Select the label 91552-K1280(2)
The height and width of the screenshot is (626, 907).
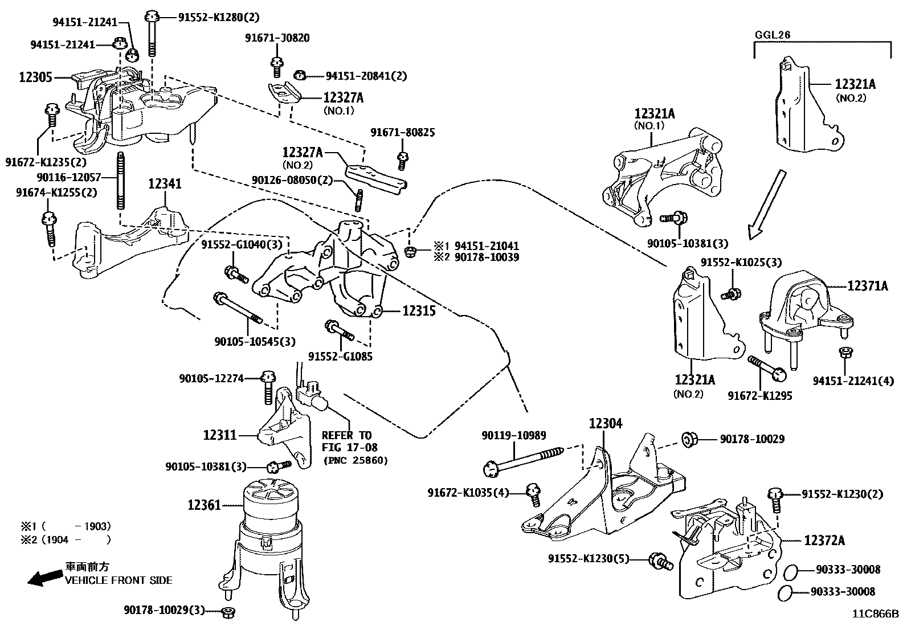(219, 17)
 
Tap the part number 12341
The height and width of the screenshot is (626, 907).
(165, 184)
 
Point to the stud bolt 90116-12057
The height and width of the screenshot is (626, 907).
(120, 180)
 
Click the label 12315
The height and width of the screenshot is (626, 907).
(419, 311)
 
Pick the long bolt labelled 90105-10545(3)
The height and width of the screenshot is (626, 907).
(238, 309)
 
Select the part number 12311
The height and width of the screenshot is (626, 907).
(220, 435)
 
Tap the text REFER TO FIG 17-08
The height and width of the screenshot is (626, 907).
(349, 441)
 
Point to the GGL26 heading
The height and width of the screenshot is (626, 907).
(772, 34)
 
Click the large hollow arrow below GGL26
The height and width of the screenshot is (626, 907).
(766, 204)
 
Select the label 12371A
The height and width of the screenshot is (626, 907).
(868, 287)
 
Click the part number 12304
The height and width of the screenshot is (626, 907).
(606, 424)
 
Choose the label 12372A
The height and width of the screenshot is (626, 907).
(824, 541)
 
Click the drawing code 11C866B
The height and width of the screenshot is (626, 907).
(876, 614)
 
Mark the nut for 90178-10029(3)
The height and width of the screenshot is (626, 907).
(229, 612)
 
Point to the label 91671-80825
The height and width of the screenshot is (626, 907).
(402, 133)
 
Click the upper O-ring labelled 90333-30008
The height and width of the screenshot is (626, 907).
(790, 572)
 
